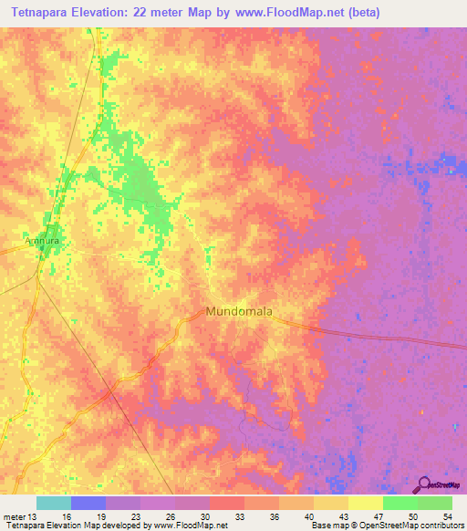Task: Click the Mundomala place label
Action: click(x=240, y=311)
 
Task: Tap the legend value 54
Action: click(x=446, y=516)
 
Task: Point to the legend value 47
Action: click(x=377, y=516)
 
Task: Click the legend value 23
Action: click(x=134, y=516)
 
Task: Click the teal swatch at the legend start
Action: click(x=54, y=503)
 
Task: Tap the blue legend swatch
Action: click(x=88, y=503)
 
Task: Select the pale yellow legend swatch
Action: click(x=366, y=503)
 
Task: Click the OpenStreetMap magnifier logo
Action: click(x=423, y=485)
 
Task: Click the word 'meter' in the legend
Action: click(x=14, y=516)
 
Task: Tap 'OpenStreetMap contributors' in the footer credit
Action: click(x=419, y=526)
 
